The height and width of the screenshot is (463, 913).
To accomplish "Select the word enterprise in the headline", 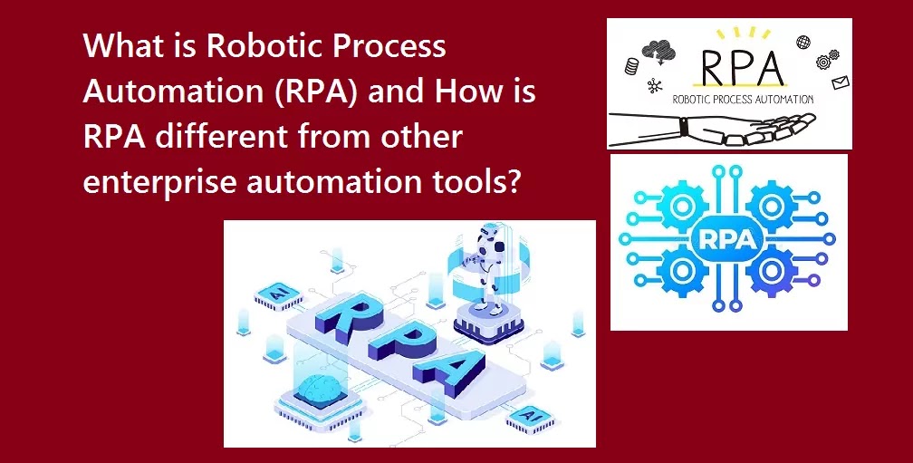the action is pyautogui.click(x=160, y=182).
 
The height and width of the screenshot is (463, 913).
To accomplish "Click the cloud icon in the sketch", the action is pyautogui.click(x=658, y=52).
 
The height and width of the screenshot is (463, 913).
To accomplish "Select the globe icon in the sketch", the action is pyautogui.click(x=803, y=42).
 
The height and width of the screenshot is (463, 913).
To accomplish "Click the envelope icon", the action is pyautogui.click(x=841, y=83).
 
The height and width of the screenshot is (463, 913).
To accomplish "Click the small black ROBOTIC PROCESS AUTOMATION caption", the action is pyautogui.click(x=743, y=100).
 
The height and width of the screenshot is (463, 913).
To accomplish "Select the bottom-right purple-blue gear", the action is pyautogui.click(x=772, y=271).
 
